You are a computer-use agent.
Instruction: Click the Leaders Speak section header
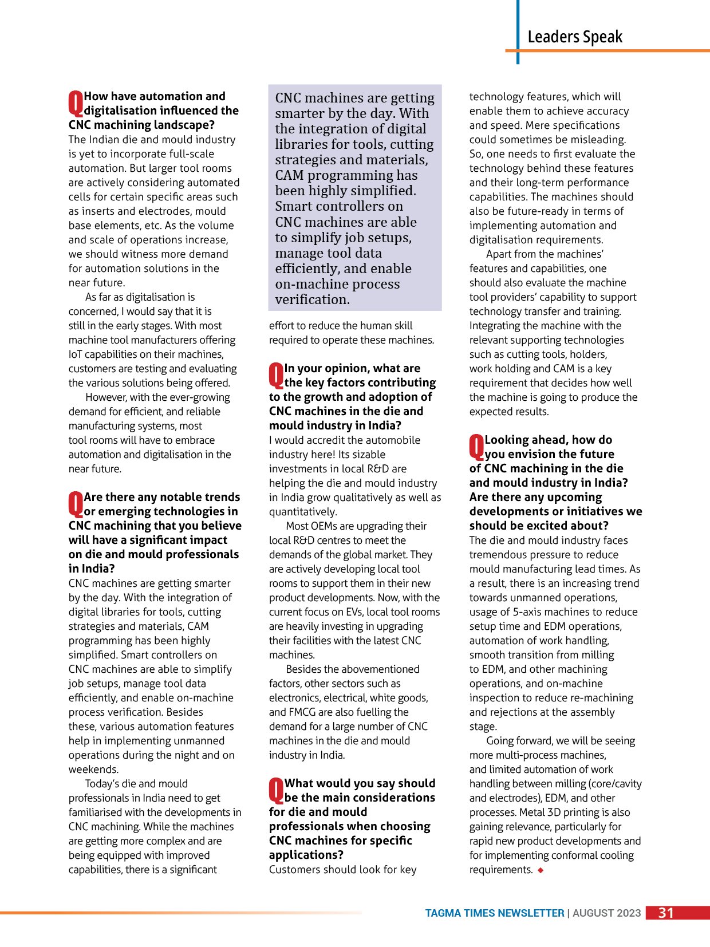(574, 37)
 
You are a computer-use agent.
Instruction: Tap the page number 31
(666, 913)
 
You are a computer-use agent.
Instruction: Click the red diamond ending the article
(541, 870)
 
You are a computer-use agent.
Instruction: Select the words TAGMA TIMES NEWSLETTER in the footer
(494, 913)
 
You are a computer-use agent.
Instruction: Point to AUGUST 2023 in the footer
(606, 913)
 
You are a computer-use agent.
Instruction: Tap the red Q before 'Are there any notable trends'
(76, 504)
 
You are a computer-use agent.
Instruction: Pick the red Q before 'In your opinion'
(276, 375)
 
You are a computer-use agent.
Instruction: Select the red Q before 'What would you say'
(276, 790)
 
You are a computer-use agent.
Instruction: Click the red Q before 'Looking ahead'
(476, 447)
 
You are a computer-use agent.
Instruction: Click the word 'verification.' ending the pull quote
(312, 299)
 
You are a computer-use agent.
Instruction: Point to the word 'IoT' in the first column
(76, 354)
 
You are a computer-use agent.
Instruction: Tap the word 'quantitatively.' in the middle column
(303, 512)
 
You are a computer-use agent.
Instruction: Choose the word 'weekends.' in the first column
(93, 770)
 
